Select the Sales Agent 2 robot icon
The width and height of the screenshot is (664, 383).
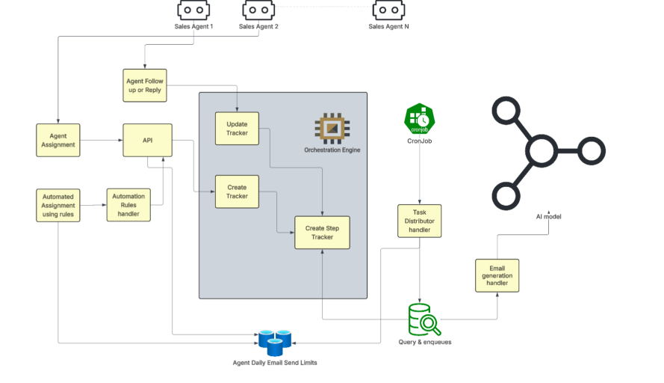coord(258,10)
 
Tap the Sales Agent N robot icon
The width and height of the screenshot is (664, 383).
coord(388,10)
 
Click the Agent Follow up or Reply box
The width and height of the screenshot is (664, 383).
coord(144,85)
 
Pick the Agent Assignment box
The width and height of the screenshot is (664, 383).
coord(58,140)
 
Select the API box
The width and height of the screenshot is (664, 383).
coord(147,140)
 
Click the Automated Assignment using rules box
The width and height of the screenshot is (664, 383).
coord(58,206)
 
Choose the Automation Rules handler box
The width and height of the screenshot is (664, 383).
coord(128,205)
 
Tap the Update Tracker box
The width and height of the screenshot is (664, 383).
coord(237,129)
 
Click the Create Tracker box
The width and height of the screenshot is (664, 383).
coord(237,191)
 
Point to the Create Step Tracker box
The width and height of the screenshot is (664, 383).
coord(322,232)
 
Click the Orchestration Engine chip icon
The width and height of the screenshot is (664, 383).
coord(330,129)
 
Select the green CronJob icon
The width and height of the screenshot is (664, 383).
coord(419,118)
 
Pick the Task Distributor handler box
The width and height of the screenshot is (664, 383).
coord(419,221)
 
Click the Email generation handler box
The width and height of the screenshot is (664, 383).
coord(497,275)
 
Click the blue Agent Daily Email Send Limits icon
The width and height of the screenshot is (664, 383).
coord(274,342)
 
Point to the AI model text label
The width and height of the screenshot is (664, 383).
coord(548,216)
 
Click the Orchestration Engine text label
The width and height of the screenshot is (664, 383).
coord(332,150)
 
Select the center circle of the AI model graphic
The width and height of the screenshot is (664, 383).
coord(541,152)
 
